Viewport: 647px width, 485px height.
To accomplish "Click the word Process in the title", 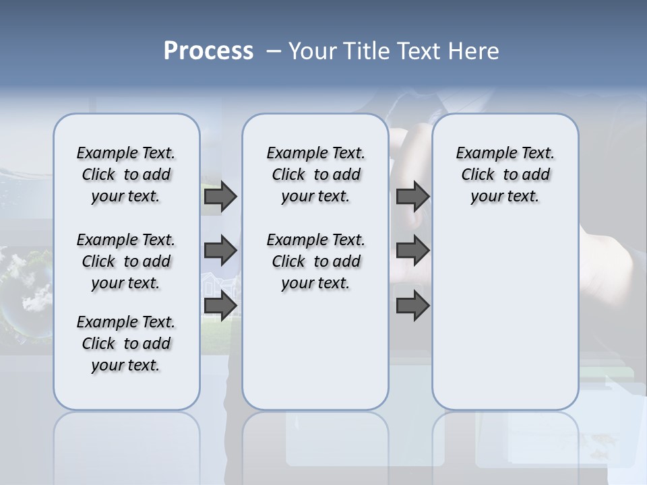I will [208, 51].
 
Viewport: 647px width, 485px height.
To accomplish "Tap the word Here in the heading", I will [474, 51].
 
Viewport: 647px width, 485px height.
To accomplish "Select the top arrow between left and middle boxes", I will [220, 196].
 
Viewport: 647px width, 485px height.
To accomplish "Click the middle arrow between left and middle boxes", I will [220, 251].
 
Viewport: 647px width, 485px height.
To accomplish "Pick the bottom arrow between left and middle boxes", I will [220, 305].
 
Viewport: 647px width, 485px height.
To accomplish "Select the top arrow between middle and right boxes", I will [412, 196].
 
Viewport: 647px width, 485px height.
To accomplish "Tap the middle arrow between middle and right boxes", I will [412, 251].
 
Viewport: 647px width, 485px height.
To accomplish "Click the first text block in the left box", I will [126, 174].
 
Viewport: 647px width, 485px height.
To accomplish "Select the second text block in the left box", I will [126, 261].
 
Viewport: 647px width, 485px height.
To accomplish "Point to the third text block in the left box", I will [126, 344].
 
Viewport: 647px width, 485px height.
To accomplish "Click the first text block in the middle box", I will [315, 174].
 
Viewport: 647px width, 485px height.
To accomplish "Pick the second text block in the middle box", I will [315, 261].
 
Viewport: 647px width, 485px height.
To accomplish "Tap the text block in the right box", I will [505, 174].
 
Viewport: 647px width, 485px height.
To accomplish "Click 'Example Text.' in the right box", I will [505, 153].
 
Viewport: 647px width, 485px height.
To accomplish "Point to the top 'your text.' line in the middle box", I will [315, 196].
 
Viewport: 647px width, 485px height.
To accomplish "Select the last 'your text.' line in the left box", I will [126, 365].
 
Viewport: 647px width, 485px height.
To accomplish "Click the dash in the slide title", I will [274, 51].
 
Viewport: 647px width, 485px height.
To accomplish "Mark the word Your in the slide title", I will [312, 51].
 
